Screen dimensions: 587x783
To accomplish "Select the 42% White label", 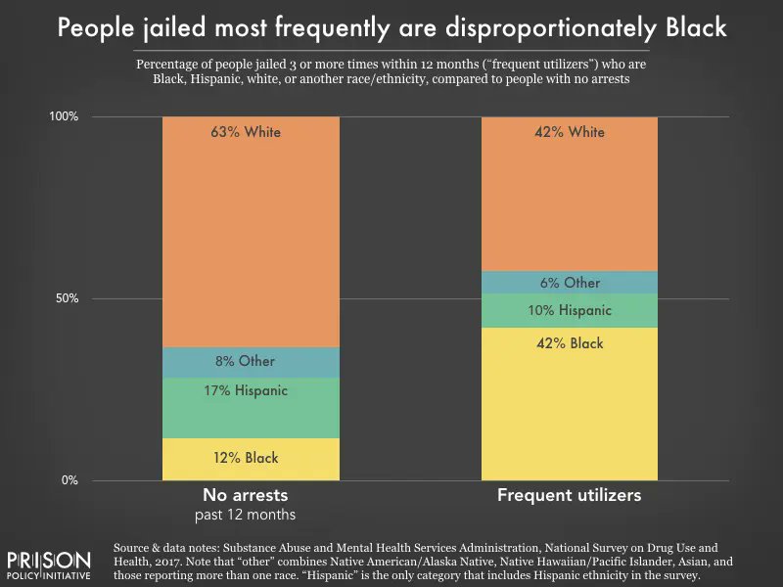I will (569, 132).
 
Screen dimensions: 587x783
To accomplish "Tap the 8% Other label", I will (245, 361).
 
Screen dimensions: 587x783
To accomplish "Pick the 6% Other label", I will (569, 283).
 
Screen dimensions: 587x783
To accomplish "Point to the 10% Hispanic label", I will (569, 310).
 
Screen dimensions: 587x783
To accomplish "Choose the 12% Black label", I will (247, 458).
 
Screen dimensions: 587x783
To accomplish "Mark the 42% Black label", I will (569, 343).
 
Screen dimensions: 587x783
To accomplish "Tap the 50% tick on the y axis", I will (66, 298).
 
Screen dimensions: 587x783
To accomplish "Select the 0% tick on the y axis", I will (69, 480).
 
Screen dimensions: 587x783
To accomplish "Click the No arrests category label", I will (250, 495).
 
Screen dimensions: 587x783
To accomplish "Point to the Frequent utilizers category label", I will (569, 495).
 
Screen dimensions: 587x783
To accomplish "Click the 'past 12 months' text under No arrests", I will (250, 515).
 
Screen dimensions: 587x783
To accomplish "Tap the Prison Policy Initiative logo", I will (49, 566).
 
